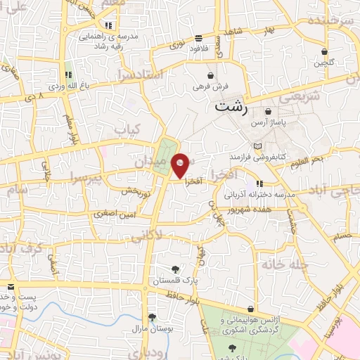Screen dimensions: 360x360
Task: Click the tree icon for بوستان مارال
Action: tap(151, 317)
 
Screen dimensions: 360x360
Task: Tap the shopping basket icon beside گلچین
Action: tap(324, 51)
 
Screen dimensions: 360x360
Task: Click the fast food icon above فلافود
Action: tap(199, 38)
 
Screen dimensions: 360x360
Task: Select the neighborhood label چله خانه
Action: tap(278, 264)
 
